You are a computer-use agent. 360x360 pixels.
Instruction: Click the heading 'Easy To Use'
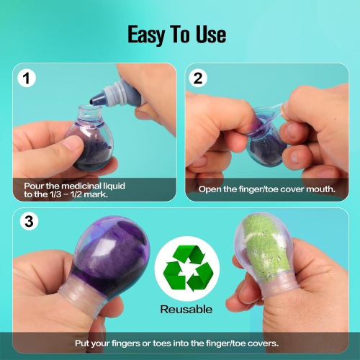(177, 34)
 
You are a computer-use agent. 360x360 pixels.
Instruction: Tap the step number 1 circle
(27, 78)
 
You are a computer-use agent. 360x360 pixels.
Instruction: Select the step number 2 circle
(199, 78)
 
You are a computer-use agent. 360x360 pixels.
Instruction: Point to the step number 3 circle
(27, 222)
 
